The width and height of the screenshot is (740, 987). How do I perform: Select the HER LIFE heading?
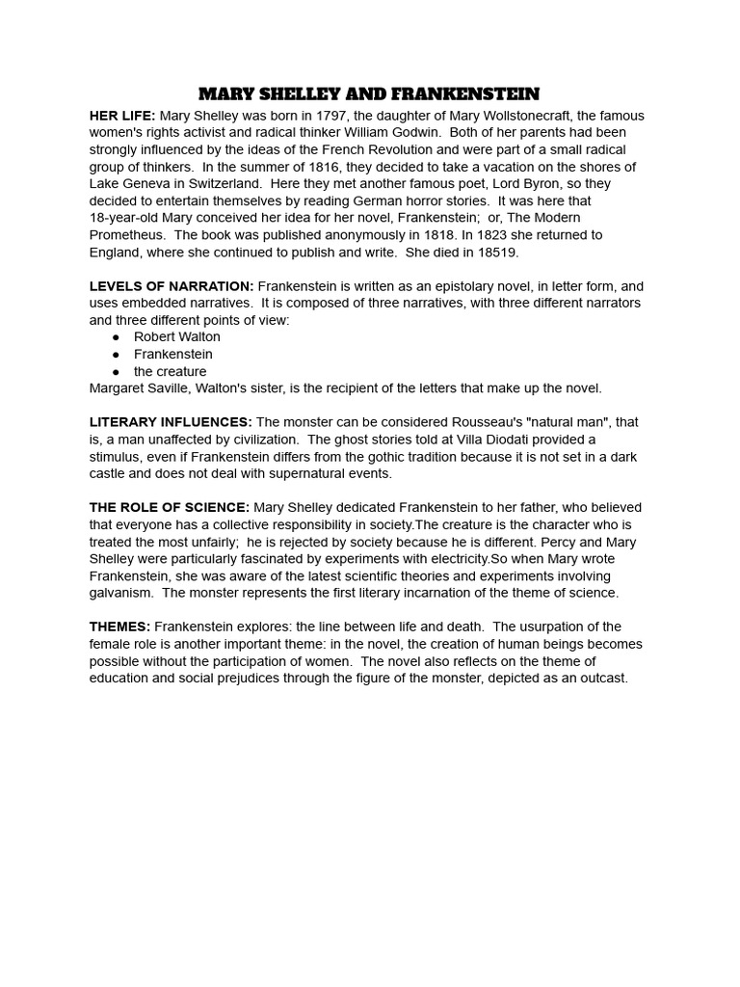point(122,116)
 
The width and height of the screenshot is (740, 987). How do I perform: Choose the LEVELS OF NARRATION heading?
point(172,286)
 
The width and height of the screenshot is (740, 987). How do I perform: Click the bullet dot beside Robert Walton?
point(116,337)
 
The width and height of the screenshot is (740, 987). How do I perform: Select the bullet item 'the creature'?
point(170,371)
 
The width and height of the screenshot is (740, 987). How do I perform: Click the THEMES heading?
point(120,627)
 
